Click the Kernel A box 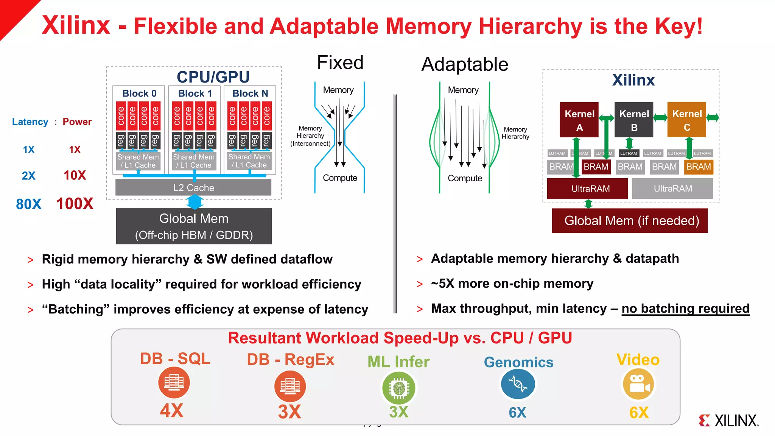pyautogui.click(x=579, y=120)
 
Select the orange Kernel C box pyautogui.click(x=686, y=120)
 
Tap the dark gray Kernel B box pyautogui.click(x=634, y=120)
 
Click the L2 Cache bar pyautogui.click(x=193, y=188)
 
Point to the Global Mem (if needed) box pyautogui.click(x=630, y=221)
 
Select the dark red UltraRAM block pyautogui.click(x=587, y=188)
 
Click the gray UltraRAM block pyautogui.click(x=672, y=188)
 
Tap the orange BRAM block pyautogui.click(x=698, y=167)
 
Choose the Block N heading pyautogui.click(x=250, y=93)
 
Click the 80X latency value pyautogui.click(x=28, y=204)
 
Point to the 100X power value pyautogui.click(x=75, y=204)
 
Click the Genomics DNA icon pyautogui.click(x=518, y=384)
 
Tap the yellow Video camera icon pyautogui.click(x=638, y=384)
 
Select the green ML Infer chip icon pyautogui.click(x=398, y=388)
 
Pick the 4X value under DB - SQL pyautogui.click(x=171, y=411)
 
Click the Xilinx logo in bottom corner pyautogui.click(x=728, y=420)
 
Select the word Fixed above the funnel pyautogui.click(x=340, y=63)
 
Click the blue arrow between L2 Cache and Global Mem pyautogui.click(x=195, y=202)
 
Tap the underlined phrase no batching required pyautogui.click(x=685, y=308)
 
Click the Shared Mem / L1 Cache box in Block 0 pyautogui.click(x=138, y=161)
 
